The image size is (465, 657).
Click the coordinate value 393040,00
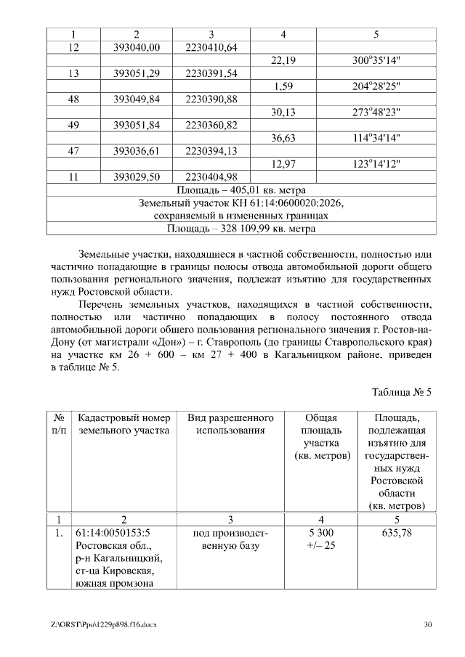[x=136, y=48]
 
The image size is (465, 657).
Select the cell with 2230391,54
[x=211, y=73]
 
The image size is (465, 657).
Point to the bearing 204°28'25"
[x=376, y=86]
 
